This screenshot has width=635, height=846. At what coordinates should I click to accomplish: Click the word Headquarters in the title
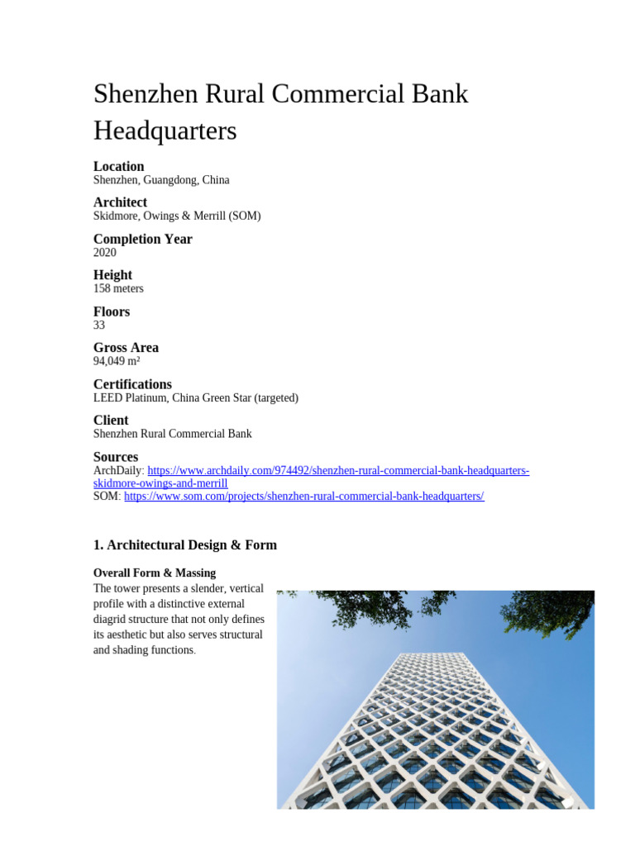point(165,131)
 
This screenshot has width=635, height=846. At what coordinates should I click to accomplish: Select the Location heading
point(118,166)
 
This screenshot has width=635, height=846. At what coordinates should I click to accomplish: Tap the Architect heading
point(120,202)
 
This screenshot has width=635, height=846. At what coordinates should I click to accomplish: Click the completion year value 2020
point(105,253)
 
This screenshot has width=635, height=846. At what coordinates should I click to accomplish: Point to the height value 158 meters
point(118,289)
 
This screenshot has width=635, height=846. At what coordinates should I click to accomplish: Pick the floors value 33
point(99,326)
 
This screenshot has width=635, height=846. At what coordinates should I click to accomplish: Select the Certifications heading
point(132,384)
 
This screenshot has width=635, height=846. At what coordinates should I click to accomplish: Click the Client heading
point(111,421)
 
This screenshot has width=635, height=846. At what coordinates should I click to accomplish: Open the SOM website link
point(303,497)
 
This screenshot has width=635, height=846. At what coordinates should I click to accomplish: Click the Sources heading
point(116,457)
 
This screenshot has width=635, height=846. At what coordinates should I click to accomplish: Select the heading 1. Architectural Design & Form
point(184,545)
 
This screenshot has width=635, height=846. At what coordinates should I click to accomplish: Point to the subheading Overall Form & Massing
point(155,573)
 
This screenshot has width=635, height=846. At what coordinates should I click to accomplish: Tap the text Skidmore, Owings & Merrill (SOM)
point(177,216)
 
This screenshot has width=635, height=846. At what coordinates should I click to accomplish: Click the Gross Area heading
point(126,348)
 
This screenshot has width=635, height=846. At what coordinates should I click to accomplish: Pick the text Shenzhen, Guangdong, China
point(161,180)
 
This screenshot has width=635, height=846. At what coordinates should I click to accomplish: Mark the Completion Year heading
point(142,239)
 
